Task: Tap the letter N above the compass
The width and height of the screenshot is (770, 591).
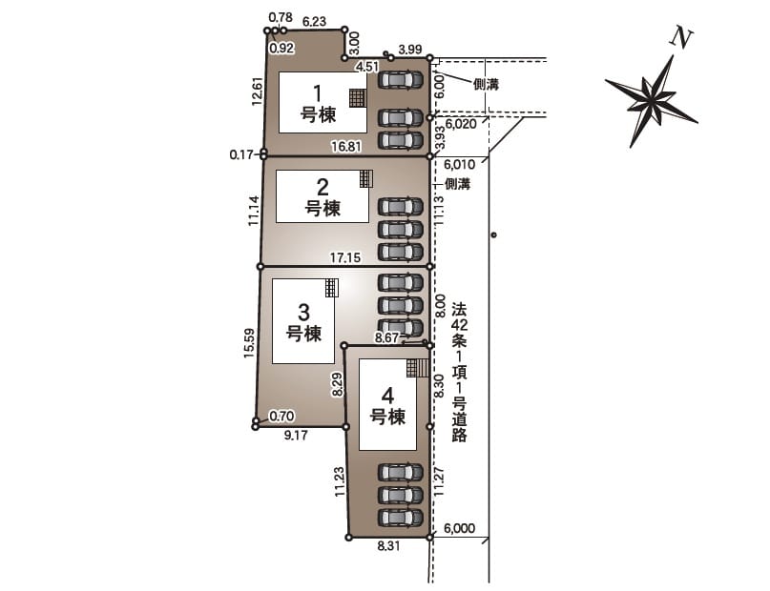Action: (x=681, y=38)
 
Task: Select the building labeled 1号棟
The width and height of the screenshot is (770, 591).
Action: (x=323, y=103)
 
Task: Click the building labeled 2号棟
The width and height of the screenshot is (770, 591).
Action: (x=323, y=196)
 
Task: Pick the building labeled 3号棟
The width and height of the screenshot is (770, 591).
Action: (x=303, y=321)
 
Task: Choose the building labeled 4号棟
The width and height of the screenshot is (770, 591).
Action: (x=388, y=404)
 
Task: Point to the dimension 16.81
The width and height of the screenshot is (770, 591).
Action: (x=346, y=146)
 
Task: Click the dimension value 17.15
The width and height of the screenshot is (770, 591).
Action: (x=345, y=257)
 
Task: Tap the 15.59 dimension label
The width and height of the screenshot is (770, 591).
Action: (x=249, y=343)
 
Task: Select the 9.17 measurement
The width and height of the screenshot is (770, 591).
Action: (x=296, y=435)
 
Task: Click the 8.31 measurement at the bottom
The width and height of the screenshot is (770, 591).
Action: (x=389, y=546)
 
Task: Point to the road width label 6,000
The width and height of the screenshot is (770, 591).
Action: (x=460, y=528)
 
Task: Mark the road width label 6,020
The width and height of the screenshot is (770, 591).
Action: (x=461, y=124)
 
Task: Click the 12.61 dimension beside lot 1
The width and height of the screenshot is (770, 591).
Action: (x=258, y=92)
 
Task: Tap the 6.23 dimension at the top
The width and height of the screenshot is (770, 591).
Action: (x=314, y=22)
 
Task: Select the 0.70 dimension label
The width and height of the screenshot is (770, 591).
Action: (x=281, y=417)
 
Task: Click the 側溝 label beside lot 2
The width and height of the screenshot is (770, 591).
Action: (x=458, y=184)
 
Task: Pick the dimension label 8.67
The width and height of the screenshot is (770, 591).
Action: (x=386, y=338)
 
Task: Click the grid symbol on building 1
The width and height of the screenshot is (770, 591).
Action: (x=358, y=98)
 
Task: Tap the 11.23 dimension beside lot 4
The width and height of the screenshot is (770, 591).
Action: (x=340, y=481)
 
